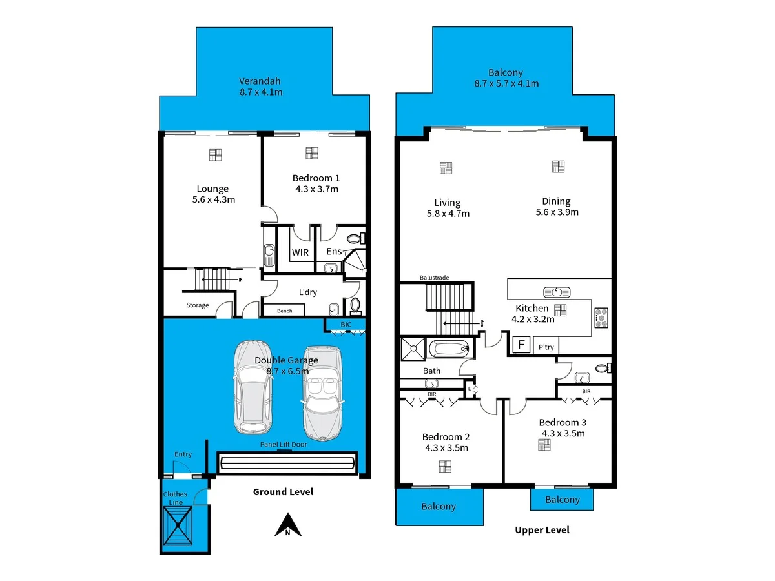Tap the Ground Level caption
tap(283, 492)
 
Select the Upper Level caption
tap(542, 530)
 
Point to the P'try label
tap(546, 347)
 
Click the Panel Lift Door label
tap(284, 444)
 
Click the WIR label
tap(300, 252)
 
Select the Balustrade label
tap(434, 278)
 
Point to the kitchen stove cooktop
tap(601, 316)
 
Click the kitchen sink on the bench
tap(557, 291)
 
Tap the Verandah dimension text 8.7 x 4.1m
tap(261, 92)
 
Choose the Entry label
tap(183, 454)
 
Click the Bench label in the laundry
tap(284, 311)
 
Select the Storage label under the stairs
tap(198, 305)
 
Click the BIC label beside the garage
tap(347, 324)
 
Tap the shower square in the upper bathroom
tap(412, 347)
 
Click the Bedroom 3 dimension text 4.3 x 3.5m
tap(562, 433)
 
